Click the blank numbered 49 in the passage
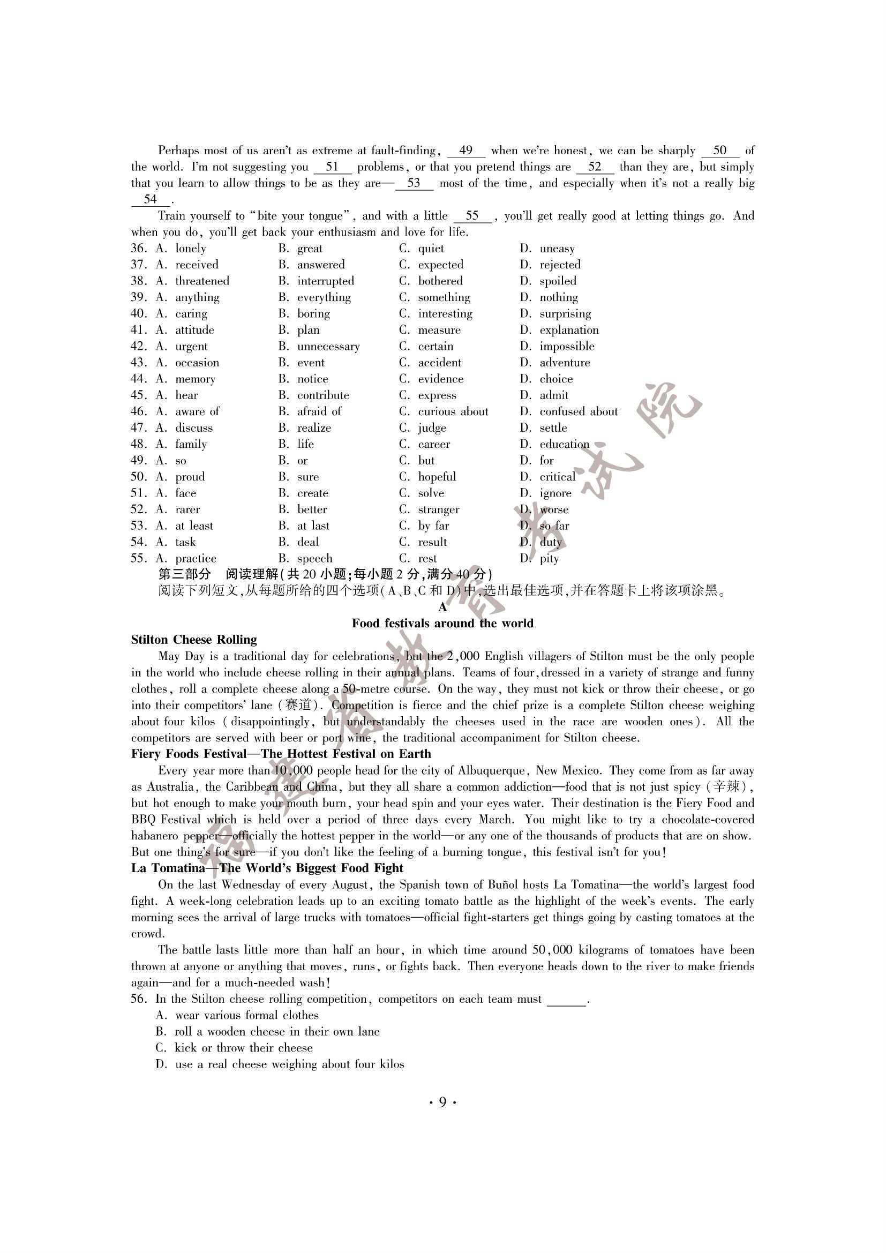point(465,151)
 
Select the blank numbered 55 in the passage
point(472,216)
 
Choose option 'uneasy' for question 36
point(557,249)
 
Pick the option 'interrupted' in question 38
point(325,281)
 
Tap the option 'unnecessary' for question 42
point(328,347)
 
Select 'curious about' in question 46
point(453,411)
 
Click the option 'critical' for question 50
point(557,477)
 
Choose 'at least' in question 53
point(194,526)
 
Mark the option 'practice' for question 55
point(196,558)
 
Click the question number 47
point(138,428)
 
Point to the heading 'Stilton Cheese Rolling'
point(194,640)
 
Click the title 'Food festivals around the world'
point(442,623)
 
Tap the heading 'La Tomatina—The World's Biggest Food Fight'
point(267,868)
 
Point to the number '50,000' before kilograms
point(552,950)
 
